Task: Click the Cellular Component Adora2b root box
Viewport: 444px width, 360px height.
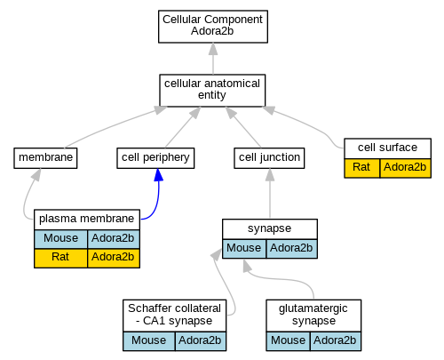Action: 213,27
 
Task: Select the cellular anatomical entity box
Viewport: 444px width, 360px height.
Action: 212,91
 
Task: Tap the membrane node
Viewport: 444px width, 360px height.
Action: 45,158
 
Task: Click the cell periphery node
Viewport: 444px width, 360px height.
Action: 155,158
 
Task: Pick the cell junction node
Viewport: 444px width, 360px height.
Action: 269,158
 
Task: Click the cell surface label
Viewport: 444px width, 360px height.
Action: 388,148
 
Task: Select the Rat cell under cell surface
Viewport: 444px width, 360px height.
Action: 361,168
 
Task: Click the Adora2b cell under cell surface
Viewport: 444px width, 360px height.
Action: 405,168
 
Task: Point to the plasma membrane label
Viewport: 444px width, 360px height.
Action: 87,219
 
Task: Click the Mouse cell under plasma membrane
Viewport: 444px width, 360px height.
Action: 61,238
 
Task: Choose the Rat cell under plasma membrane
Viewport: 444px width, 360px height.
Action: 61,258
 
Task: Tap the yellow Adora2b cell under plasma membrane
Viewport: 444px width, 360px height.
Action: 114,258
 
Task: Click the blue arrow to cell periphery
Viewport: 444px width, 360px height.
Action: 158,198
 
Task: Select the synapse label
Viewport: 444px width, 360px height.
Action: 270,228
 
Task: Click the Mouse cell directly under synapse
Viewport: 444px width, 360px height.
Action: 244,248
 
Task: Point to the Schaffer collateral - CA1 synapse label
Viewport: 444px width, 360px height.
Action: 175,315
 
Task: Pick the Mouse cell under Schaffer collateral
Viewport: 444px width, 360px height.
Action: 149,341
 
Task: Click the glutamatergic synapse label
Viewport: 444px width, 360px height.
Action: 313,315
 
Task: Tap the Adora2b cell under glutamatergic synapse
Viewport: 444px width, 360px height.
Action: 336,341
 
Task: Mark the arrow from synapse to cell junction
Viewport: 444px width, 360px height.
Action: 270,193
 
